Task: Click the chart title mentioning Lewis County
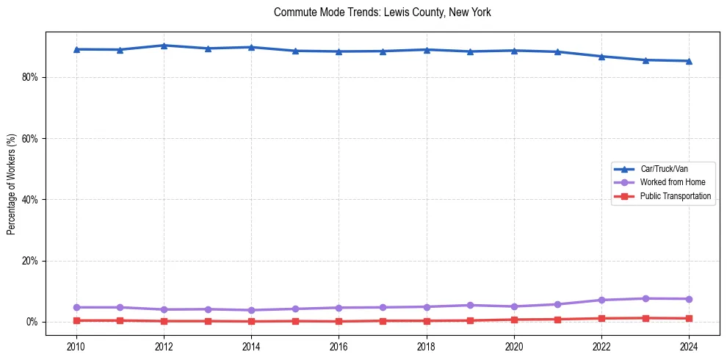click(x=382, y=12)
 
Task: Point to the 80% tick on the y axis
click(x=29, y=77)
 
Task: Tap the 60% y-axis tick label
click(x=29, y=138)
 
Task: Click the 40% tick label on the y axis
click(x=29, y=200)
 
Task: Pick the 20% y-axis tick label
click(x=29, y=261)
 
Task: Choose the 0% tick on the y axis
click(x=31, y=322)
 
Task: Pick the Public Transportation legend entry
click(x=675, y=196)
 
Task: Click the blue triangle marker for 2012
click(x=164, y=46)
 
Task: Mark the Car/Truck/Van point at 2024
click(x=689, y=61)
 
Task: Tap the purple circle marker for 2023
click(x=645, y=298)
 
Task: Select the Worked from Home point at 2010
click(x=76, y=307)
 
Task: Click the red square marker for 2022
click(x=601, y=318)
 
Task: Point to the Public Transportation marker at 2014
click(x=251, y=321)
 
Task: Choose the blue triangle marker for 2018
click(x=427, y=50)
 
